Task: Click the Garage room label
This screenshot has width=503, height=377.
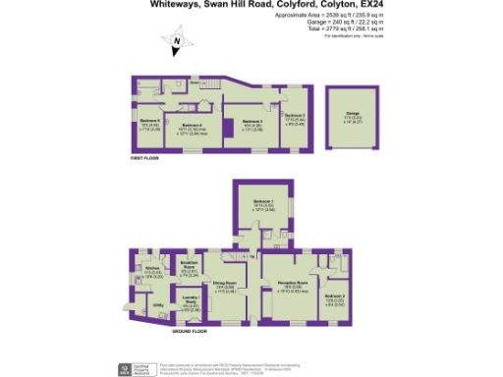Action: pos(352,113)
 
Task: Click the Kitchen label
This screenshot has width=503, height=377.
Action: pos(151,267)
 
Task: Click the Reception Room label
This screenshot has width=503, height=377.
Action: pos(292,284)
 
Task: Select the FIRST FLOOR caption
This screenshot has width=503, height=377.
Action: pos(145,157)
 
